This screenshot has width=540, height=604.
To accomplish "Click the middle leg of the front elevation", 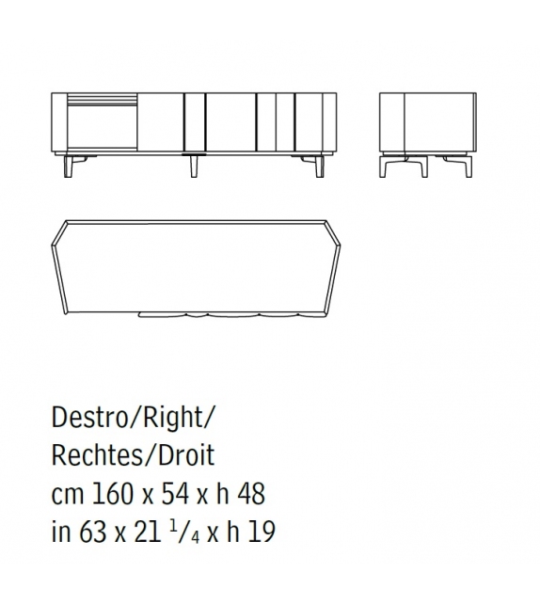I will point(194,166).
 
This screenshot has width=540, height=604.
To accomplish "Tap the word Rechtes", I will point(96,457).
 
